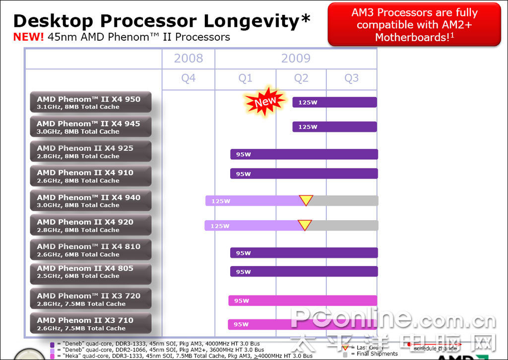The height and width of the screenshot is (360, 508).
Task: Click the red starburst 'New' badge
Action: (265, 102)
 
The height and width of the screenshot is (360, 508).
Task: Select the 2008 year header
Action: (188, 59)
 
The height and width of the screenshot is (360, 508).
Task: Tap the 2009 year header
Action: (296, 59)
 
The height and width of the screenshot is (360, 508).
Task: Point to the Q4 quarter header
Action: (188, 78)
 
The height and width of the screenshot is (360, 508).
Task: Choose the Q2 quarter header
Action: (301, 78)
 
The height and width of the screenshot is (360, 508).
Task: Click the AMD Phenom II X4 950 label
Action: (90, 103)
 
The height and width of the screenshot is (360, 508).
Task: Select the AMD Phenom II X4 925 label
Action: (90, 152)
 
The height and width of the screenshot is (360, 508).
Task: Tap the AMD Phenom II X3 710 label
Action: (90, 324)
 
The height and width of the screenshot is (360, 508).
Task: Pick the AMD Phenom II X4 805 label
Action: (90, 272)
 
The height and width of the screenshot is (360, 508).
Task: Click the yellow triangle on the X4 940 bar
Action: (306, 200)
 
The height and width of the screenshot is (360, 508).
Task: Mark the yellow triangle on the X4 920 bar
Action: (305, 225)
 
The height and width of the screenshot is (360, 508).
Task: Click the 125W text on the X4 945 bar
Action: (308, 127)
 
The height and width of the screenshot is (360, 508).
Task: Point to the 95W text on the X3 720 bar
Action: (242, 301)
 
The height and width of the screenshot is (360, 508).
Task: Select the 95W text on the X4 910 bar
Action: (243, 174)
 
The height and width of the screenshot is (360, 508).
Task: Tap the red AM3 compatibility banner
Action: (414, 25)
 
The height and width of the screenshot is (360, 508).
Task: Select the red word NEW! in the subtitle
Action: (29, 37)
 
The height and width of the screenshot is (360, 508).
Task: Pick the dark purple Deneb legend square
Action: (52, 344)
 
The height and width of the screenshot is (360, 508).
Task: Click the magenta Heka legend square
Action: (52, 356)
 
